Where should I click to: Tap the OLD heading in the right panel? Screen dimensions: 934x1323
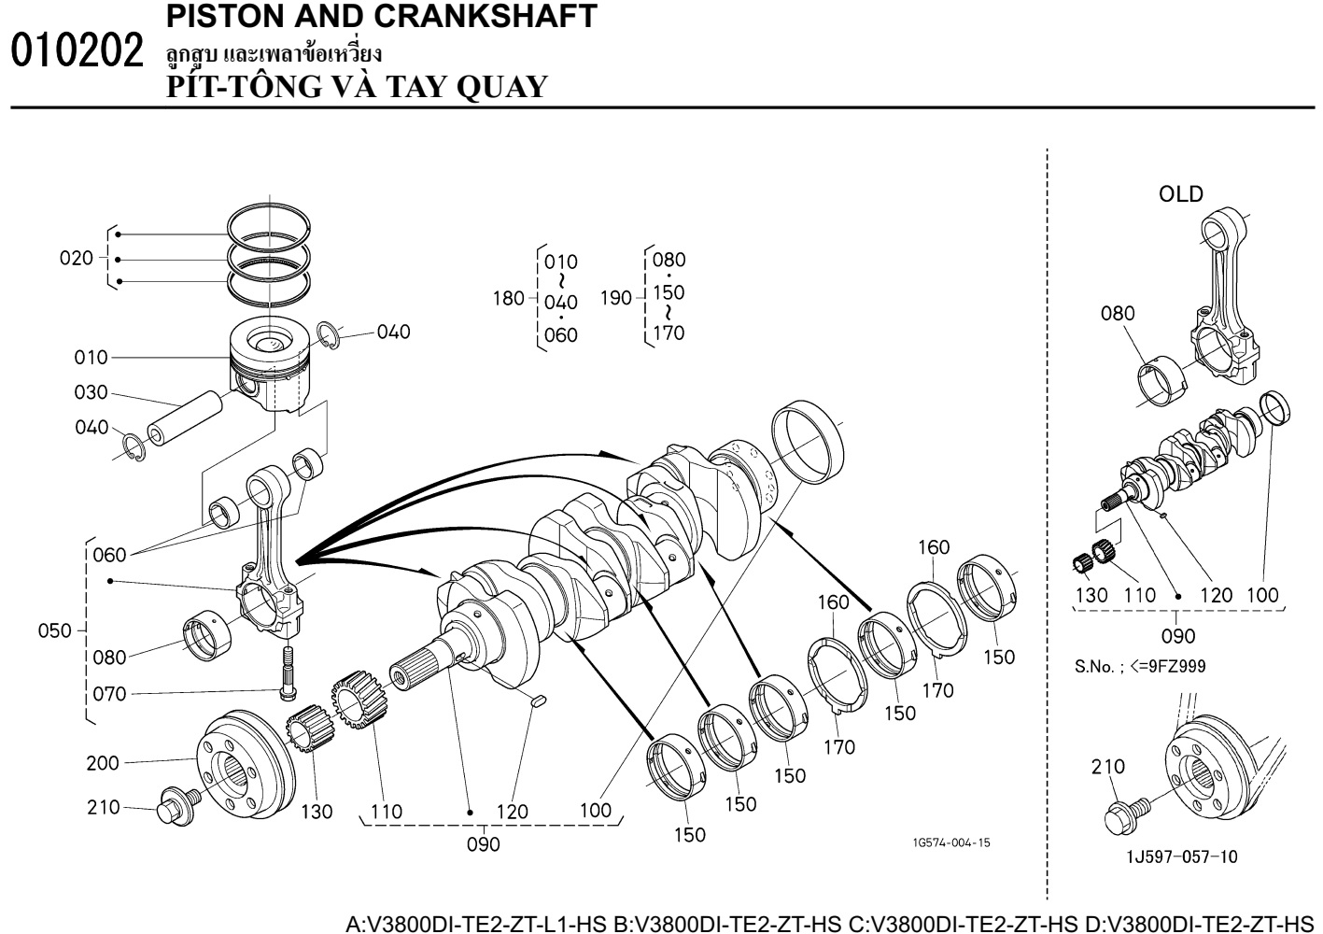pyautogui.click(x=1180, y=194)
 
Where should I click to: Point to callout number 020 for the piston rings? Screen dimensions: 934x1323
pyautogui.click(x=76, y=259)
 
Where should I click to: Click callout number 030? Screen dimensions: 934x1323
pyautogui.click(x=91, y=393)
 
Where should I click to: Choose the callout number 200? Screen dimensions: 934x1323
pyautogui.click(x=103, y=763)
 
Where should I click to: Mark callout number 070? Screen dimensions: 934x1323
pyautogui.click(x=109, y=694)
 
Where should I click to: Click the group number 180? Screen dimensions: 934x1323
pyautogui.click(x=509, y=299)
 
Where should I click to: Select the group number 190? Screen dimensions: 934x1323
pyautogui.click(x=616, y=299)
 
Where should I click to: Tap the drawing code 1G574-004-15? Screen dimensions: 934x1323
pyautogui.click(x=951, y=842)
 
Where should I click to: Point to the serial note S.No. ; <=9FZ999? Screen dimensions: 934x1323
pyautogui.click(x=1140, y=668)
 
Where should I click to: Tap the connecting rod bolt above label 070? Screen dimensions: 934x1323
pyautogui.click(x=287, y=670)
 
